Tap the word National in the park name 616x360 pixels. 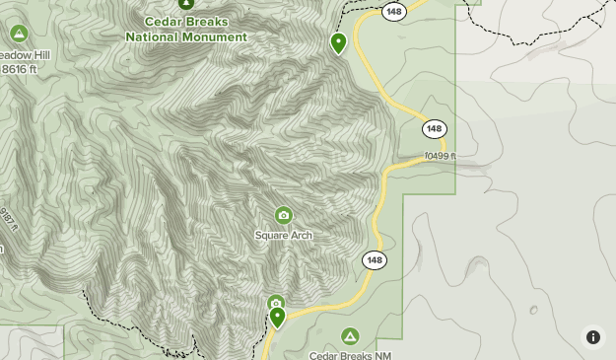(152, 37)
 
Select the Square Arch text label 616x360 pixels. (283, 235)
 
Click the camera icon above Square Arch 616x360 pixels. (284, 215)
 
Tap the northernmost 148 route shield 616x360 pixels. (395, 11)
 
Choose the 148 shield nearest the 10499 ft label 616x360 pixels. (435, 129)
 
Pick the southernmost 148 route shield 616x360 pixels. (374, 260)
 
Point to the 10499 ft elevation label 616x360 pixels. (441, 156)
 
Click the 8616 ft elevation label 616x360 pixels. (20, 69)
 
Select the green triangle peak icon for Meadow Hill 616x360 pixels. (19, 35)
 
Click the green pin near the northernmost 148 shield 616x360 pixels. (338, 42)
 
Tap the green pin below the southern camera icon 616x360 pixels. (277, 317)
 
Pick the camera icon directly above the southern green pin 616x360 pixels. (275, 303)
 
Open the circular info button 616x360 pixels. (593, 337)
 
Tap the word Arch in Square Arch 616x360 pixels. (301, 235)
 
